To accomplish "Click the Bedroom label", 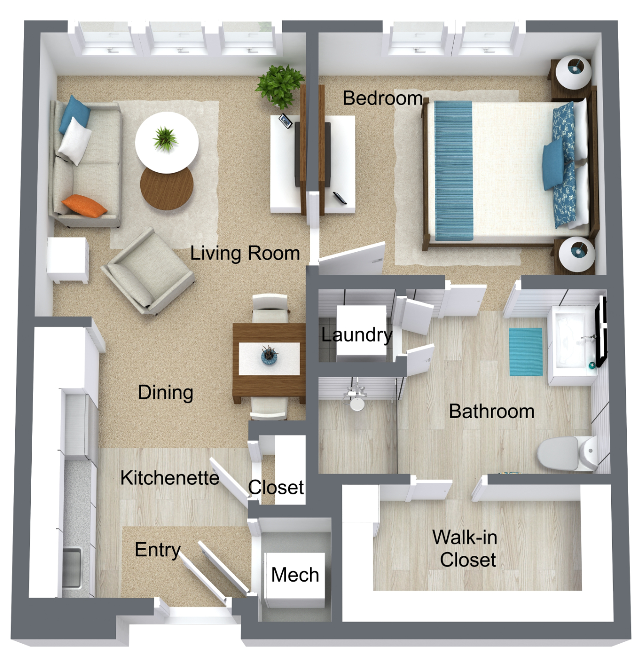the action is click(x=383, y=98).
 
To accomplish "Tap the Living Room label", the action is click(x=245, y=253).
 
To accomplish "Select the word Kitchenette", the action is click(x=170, y=478).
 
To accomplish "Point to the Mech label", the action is click(x=295, y=575).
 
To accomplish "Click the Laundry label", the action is click(x=357, y=335).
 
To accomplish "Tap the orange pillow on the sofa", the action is click(x=84, y=205).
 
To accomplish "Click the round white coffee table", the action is click(x=167, y=142).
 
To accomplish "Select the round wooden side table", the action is click(x=167, y=188).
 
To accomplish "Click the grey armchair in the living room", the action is click(x=148, y=271).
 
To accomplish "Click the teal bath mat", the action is click(x=526, y=351).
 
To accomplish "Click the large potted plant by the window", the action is click(x=279, y=86).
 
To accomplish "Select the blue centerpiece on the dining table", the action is click(x=269, y=356).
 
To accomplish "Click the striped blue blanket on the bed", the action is click(x=453, y=170).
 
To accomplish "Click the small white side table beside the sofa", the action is click(x=68, y=260).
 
